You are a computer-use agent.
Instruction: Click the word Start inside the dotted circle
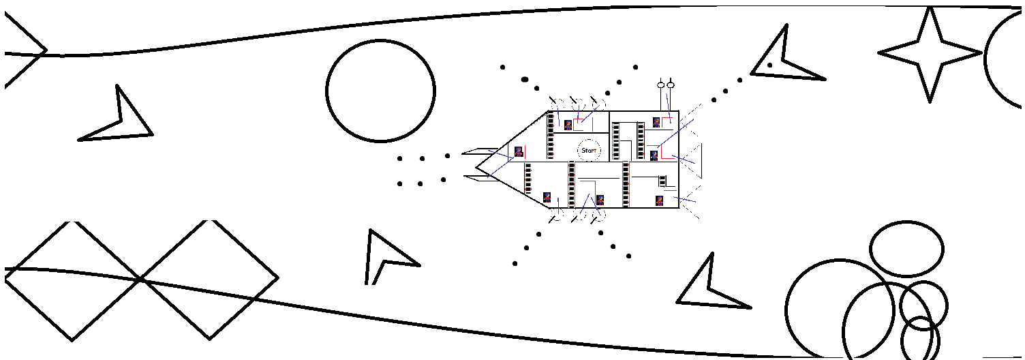pyautogui.click(x=589, y=151)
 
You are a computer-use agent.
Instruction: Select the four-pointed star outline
pyautogui.click(x=930, y=53)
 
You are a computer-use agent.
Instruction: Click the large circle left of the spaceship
pyautogui.click(x=380, y=91)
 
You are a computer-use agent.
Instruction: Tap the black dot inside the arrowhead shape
pyautogui.click(x=769, y=65)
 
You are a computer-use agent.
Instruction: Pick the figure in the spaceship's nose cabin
pyautogui.click(x=519, y=151)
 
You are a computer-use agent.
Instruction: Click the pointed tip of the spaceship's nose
pyautogui.click(x=476, y=165)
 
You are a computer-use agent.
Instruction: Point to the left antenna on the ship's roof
pyautogui.click(x=660, y=85)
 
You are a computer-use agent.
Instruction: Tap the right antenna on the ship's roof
pyautogui.click(x=671, y=85)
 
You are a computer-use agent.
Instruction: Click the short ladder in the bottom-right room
pyautogui.click(x=662, y=181)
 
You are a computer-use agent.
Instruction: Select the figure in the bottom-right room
pyautogui.click(x=659, y=200)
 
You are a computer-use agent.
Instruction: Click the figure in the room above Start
pyautogui.click(x=568, y=125)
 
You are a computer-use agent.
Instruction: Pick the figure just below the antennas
pyautogui.click(x=656, y=123)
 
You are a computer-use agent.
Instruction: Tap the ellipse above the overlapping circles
pyautogui.click(x=906, y=248)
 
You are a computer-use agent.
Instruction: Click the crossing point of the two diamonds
pyautogui.click(x=140, y=279)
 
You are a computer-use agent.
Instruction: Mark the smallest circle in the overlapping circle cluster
pyautogui.click(x=920, y=339)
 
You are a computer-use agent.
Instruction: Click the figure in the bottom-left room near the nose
pyautogui.click(x=547, y=197)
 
